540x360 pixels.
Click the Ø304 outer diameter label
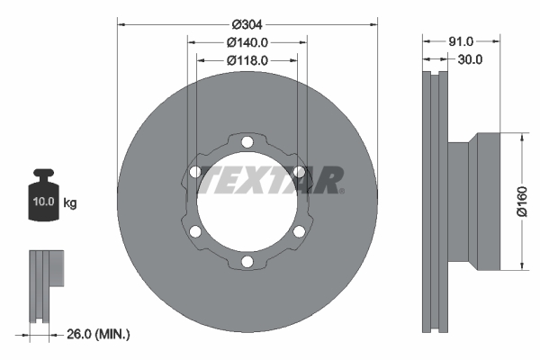tap(247, 24)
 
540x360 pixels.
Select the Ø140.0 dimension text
tap(247, 42)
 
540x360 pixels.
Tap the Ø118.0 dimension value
tap(247, 60)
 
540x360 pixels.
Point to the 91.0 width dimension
tap(461, 41)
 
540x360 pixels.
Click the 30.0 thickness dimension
tap(470, 59)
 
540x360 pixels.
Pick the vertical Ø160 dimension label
tap(522, 202)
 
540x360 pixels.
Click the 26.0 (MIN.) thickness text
tap(98, 334)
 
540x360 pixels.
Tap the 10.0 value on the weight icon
tap(43, 202)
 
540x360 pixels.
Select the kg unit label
tap(70, 202)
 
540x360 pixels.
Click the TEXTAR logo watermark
tap(271, 180)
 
